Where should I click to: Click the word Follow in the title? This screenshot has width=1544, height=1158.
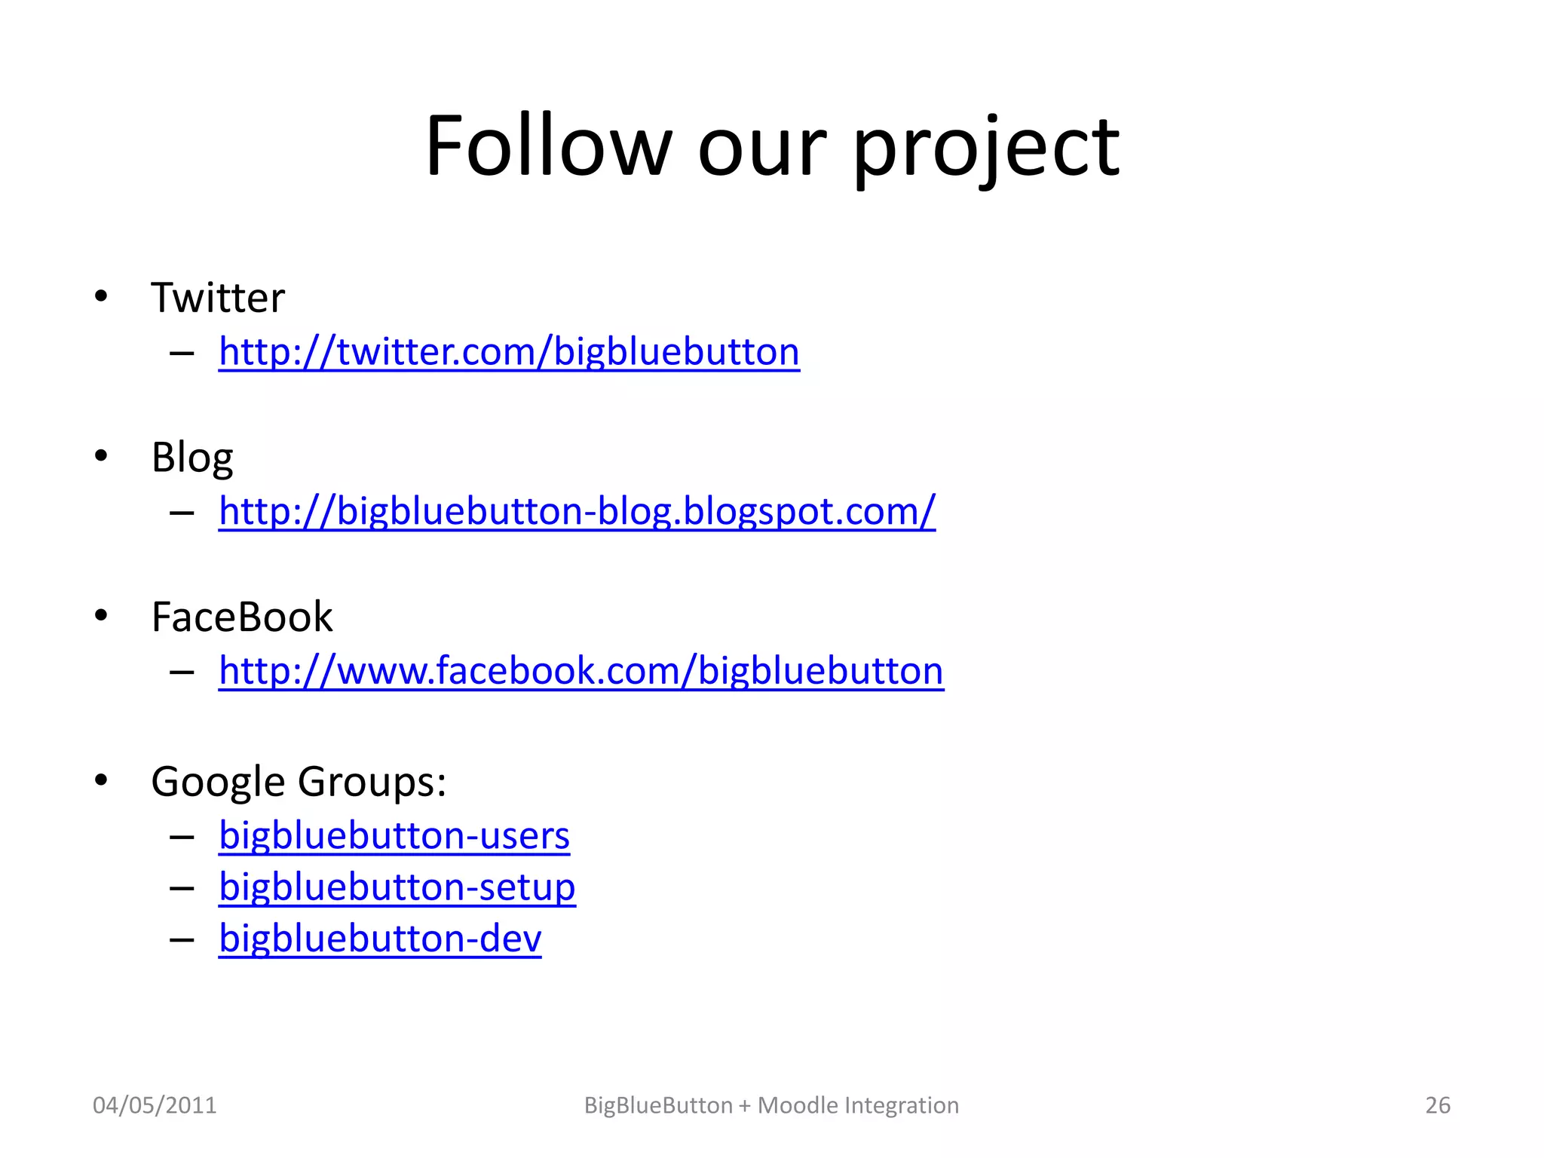(x=548, y=146)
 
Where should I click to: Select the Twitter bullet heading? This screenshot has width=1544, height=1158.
(x=218, y=298)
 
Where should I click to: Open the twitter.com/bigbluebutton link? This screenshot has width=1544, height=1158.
(x=509, y=352)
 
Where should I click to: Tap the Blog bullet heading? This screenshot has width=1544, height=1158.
(x=192, y=458)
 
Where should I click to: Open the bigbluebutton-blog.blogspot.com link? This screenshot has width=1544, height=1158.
(x=577, y=512)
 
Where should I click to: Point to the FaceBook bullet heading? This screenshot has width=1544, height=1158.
(x=241, y=617)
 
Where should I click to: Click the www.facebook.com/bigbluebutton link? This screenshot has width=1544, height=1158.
(x=581, y=671)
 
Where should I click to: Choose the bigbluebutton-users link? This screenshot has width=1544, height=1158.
(x=394, y=836)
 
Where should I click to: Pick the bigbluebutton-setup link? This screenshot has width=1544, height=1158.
(x=397, y=887)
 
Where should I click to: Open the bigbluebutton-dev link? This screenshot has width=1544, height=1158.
(x=380, y=939)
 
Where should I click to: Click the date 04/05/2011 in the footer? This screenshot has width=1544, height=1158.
(x=155, y=1105)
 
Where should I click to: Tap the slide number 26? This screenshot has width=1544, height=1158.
(x=1437, y=1105)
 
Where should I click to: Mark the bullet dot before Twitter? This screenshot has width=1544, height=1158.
(x=101, y=296)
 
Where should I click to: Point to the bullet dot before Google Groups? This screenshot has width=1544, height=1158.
(x=101, y=780)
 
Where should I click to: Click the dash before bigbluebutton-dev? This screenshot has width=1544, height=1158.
(x=182, y=940)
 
